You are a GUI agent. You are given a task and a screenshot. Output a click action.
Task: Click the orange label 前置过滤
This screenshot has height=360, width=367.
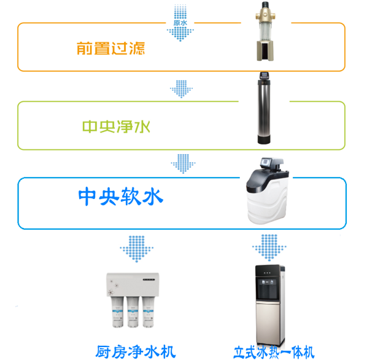[110, 49]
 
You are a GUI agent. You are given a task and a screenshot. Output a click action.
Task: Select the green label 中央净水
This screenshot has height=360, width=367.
[116, 127]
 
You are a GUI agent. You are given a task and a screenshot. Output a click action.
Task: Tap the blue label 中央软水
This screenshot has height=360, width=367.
[120, 196]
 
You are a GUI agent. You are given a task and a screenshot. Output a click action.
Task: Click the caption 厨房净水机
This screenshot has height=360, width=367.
[136, 351]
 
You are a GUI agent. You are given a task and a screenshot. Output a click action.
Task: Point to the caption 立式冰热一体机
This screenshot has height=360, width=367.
[274, 352]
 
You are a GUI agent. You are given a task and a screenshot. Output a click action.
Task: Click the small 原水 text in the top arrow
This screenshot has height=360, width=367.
[180, 23]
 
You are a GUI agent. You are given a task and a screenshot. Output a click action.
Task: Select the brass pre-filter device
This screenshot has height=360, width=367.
[265, 31]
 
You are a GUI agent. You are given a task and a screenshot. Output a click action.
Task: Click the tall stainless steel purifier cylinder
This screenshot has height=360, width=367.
[264, 108]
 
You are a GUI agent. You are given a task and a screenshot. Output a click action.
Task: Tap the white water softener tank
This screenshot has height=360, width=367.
[268, 191]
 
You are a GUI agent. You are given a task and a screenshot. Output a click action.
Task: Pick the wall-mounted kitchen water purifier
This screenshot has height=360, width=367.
[133, 300]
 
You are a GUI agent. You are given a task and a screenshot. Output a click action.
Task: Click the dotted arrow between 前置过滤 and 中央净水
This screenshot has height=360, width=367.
[181, 89]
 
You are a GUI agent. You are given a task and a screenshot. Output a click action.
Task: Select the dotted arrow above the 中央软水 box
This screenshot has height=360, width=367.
[183, 164]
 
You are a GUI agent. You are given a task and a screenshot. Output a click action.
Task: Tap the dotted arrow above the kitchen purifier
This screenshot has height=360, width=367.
[136, 249]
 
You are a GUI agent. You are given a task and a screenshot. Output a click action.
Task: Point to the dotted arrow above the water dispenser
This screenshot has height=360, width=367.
[269, 248]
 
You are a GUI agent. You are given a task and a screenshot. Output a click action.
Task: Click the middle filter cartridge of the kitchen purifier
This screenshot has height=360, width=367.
[133, 312]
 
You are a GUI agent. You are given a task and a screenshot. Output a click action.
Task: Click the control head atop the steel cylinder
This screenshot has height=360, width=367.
[265, 76]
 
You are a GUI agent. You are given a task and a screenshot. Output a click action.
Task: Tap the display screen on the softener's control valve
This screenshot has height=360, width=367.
[266, 162]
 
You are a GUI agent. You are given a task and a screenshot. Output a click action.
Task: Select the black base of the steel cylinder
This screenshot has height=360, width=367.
[264, 139]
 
